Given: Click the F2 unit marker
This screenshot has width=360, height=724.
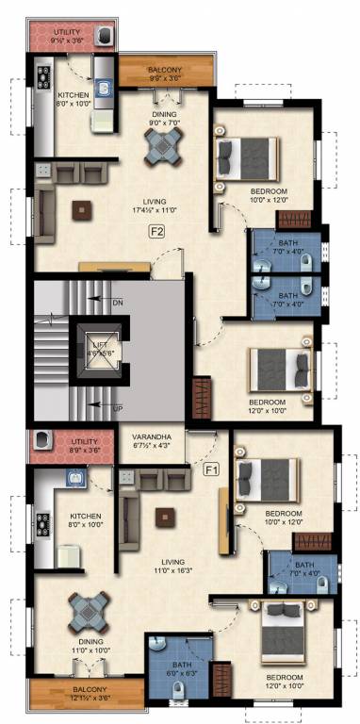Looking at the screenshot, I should (156, 231).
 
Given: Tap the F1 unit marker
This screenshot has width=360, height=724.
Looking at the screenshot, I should (211, 468).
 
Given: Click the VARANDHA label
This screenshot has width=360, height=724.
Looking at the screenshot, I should (151, 439).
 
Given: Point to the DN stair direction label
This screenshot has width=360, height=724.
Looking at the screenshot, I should (118, 303).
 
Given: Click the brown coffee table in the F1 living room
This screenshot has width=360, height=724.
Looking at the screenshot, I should (166, 516).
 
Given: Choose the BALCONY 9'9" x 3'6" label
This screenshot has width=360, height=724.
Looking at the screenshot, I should (165, 74).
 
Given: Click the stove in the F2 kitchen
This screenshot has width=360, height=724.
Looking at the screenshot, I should (43, 77).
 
